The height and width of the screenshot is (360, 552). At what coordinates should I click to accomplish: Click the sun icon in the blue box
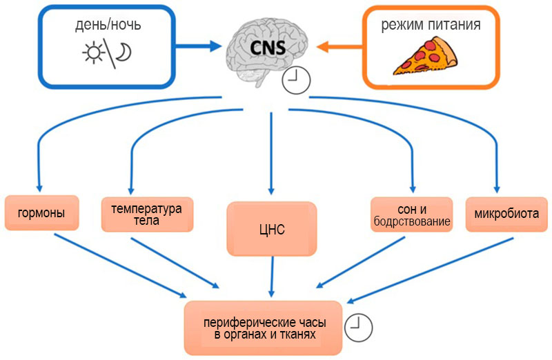click(x=93, y=53)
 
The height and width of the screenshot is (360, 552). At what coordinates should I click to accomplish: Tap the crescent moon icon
click(x=125, y=52)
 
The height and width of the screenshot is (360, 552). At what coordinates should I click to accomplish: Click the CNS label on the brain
click(x=268, y=48)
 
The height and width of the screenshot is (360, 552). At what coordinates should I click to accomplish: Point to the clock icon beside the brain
click(x=296, y=81)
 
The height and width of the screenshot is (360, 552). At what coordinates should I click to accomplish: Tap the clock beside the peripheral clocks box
click(x=358, y=328)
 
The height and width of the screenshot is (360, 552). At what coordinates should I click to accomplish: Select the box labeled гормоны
click(x=41, y=213)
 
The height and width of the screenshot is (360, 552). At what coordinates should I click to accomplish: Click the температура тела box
click(x=147, y=214)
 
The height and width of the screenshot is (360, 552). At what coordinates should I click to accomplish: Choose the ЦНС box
click(x=272, y=229)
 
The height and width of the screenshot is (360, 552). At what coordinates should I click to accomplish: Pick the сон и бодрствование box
click(x=411, y=214)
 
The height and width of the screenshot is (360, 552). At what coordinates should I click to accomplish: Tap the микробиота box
click(x=506, y=214)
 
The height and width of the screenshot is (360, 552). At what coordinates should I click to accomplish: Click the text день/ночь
click(x=108, y=25)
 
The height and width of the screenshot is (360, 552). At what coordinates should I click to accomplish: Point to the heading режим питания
click(x=431, y=25)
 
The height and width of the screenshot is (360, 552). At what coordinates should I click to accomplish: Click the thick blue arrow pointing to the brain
click(x=198, y=46)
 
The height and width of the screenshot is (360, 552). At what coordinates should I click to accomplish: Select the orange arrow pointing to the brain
click(x=339, y=47)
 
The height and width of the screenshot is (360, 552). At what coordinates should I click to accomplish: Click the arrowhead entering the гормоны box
click(x=39, y=187)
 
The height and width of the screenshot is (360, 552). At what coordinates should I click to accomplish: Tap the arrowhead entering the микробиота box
click(x=497, y=188)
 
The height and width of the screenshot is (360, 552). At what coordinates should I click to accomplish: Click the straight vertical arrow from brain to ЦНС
click(x=271, y=153)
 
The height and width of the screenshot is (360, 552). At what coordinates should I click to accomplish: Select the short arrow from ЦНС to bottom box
click(x=272, y=277)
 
